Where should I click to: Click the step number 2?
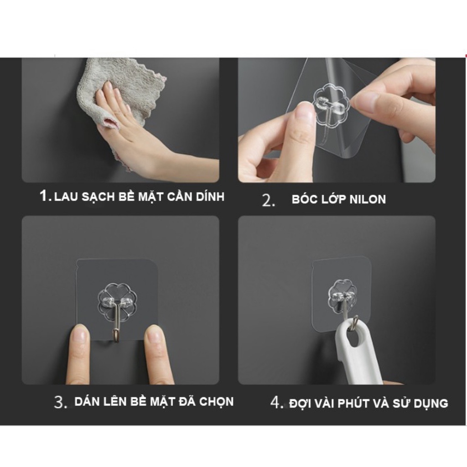coord(268,200)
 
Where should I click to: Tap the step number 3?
coord(61,402)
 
